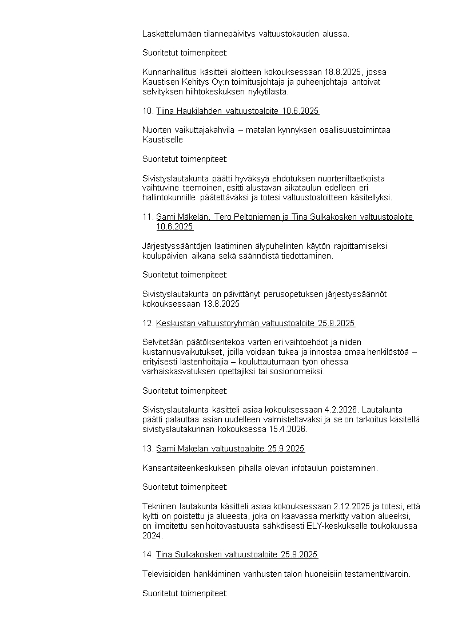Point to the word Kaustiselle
(162, 140)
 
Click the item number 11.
(148, 217)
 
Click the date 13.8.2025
(220, 304)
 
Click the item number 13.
(148, 448)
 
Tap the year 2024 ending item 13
(152, 536)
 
